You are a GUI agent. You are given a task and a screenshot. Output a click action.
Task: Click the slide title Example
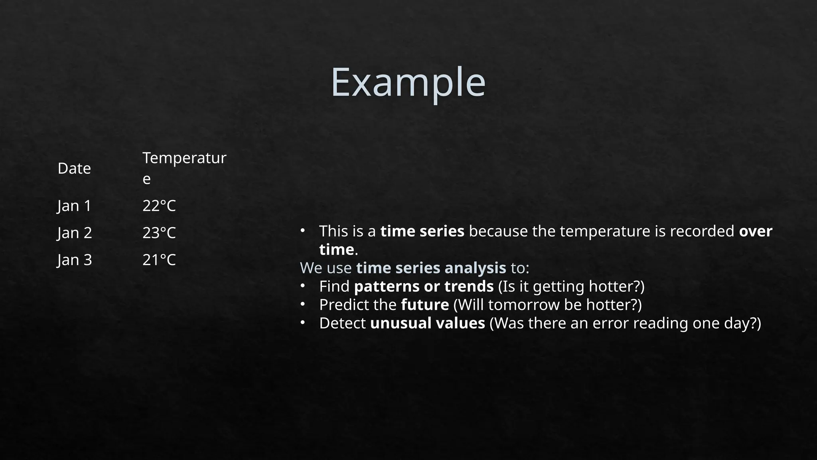tap(408, 82)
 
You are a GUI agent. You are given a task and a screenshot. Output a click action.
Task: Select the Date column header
tap(74, 169)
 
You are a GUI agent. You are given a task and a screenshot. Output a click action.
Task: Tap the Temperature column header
tap(184, 168)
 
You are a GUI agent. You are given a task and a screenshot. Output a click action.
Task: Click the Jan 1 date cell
tap(75, 206)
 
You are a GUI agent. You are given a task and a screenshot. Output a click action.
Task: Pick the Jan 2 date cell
tap(75, 233)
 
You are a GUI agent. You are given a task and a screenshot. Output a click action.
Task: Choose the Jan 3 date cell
tap(75, 260)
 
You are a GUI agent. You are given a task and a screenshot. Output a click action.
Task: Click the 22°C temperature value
tap(159, 206)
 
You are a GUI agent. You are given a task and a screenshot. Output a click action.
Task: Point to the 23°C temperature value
tap(159, 233)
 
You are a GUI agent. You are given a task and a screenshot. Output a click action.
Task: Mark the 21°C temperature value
tap(159, 260)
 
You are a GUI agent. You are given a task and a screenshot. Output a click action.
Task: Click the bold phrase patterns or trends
tap(424, 286)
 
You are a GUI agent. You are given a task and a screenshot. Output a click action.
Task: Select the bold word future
tap(425, 305)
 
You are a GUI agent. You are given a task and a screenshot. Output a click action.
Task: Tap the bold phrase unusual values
tap(427, 323)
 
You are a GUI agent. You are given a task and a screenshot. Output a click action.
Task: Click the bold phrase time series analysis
tap(431, 268)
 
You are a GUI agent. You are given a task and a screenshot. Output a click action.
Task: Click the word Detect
tap(342, 323)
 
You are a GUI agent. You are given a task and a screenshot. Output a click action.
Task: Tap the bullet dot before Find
tap(303, 286)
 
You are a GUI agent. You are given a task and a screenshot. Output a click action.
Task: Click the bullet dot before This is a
tap(303, 230)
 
